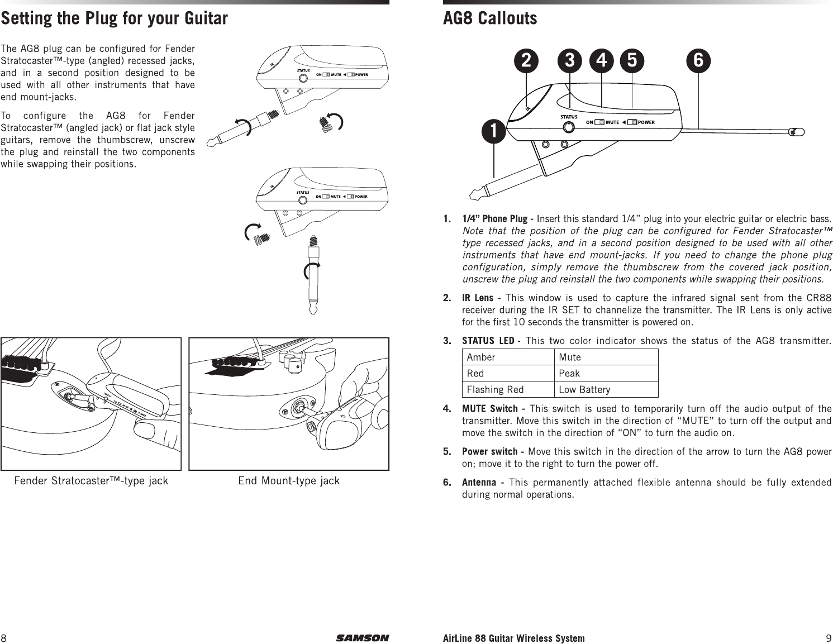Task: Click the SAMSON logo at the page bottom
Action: [x=362, y=638]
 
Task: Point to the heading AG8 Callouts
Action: [x=490, y=19]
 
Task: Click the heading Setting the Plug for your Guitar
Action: [x=114, y=19]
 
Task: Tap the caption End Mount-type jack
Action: [x=289, y=481]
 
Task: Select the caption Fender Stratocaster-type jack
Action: [x=91, y=481]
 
